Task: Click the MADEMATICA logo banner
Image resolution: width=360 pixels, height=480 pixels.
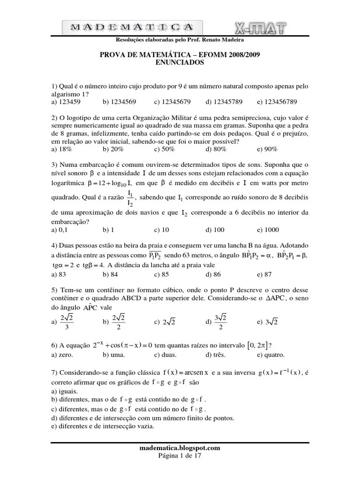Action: click(133, 27)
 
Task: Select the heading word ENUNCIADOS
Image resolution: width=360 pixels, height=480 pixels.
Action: click(180, 62)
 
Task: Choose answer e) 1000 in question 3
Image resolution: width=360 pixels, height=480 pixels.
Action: click(268, 230)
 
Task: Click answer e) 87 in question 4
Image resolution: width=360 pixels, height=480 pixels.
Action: click(264, 275)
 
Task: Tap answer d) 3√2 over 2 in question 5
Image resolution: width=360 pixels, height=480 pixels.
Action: click(217, 322)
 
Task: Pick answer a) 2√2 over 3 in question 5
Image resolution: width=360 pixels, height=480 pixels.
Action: click(63, 322)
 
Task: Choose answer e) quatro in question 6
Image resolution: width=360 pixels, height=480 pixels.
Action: click(270, 355)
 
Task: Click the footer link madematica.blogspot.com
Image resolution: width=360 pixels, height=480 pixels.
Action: click(180, 448)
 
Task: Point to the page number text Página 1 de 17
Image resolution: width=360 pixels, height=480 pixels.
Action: click(180, 455)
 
